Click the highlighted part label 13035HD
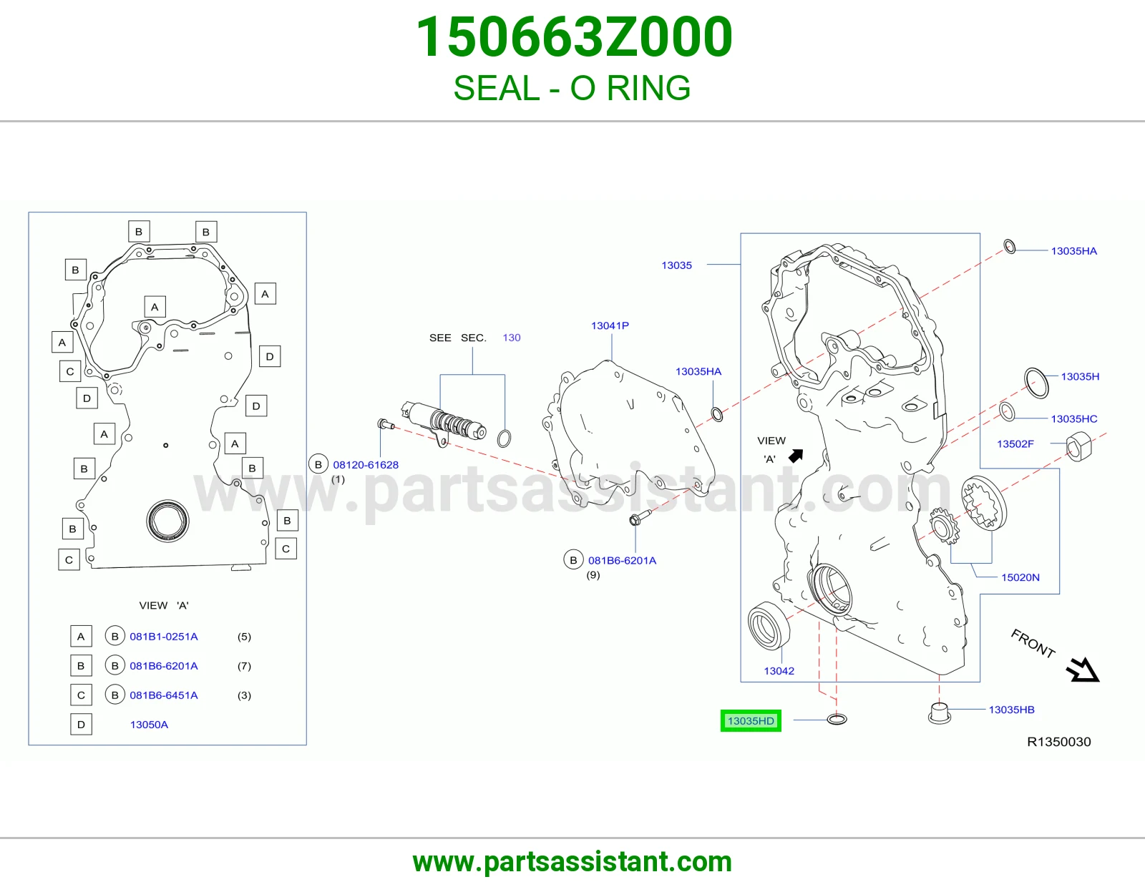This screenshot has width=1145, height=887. pyautogui.click(x=751, y=720)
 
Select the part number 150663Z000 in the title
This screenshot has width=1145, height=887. pyautogui.click(x=574, y=36)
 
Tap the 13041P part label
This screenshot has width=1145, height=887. pyautogui.click(x=610, y=325)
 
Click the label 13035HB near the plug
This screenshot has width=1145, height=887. pyautogui.click(x=1011, y=710)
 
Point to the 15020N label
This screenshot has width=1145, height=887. pyautogui.click(x=1020, y=577)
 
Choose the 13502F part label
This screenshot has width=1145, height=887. pyautogui.click(x=1015, y=443)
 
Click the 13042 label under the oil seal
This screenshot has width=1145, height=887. pyautogui.click(x=779, y=670)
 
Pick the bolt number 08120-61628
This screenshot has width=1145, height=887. pyautogui.click(x=366, y=464)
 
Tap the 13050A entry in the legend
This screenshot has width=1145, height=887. pyautogui.click(x=149, y=724)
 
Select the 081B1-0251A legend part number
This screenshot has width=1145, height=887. pyautogui.click(x=164, y=637)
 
